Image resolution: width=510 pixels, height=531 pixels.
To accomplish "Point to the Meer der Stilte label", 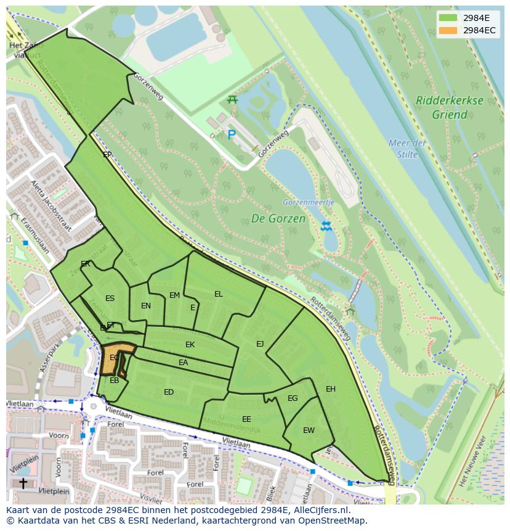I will click(407, 149).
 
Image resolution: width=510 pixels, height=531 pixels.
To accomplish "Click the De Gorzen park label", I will click(278, 218).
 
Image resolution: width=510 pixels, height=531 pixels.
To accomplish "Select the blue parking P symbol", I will click(232, 134).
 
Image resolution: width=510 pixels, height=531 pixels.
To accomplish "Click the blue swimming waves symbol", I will click(326, 226).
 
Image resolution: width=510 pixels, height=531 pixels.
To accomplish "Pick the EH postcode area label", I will click(331, 389).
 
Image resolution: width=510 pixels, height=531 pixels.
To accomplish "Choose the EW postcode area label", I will click(309, 430).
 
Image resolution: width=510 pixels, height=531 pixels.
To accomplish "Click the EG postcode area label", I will click(293, 398).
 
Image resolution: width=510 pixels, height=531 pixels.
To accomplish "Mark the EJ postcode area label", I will click(260, 344).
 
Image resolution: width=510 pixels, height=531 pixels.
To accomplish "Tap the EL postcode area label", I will click(218, 294).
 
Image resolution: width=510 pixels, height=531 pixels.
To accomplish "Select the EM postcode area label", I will click(174, 295).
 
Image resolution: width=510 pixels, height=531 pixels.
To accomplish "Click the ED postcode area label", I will click(169, 392).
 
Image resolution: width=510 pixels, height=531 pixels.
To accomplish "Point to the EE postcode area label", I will click(246, 419).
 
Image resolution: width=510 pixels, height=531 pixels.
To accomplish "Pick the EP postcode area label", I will click(107, 155).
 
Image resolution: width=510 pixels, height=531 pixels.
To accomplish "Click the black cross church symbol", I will click(23, 483).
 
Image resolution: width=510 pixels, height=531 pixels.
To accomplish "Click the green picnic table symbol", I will click(232, 99).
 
